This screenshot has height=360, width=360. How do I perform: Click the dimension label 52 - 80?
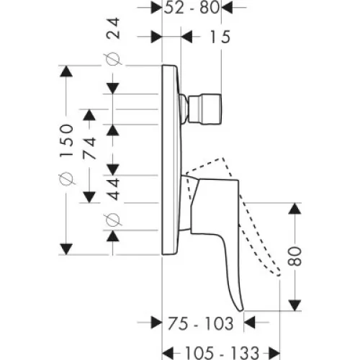[192, 7]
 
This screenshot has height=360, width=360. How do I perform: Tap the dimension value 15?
[220, 37]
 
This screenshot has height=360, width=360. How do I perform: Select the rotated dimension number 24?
[113, 28]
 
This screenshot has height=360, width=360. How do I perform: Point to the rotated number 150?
[66, 140]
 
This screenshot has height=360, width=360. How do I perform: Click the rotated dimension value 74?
[89, 148]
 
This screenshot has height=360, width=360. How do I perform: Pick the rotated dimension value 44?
[113, 189]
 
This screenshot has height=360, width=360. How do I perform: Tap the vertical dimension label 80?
[294, 256]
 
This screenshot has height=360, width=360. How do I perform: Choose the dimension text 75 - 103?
[200, 323]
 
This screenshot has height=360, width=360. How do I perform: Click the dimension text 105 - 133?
[222, 353]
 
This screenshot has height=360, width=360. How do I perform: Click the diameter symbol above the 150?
[66, 179]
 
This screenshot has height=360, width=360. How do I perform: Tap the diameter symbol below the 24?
[113, 59]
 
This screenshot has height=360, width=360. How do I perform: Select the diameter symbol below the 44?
[113, 220]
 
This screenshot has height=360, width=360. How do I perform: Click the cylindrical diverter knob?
[204, 109]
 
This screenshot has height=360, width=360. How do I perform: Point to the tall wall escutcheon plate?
[171, 160]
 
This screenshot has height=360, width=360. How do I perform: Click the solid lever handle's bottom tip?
[241, 310]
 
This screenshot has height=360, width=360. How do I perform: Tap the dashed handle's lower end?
[279, 274]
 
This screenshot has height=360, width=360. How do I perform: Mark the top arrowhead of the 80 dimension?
[294, 209]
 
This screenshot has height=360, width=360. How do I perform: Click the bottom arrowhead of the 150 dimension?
[66, 249]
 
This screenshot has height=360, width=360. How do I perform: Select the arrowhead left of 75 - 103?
[156, 323]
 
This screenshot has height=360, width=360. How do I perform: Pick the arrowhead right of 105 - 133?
[274, 353]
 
